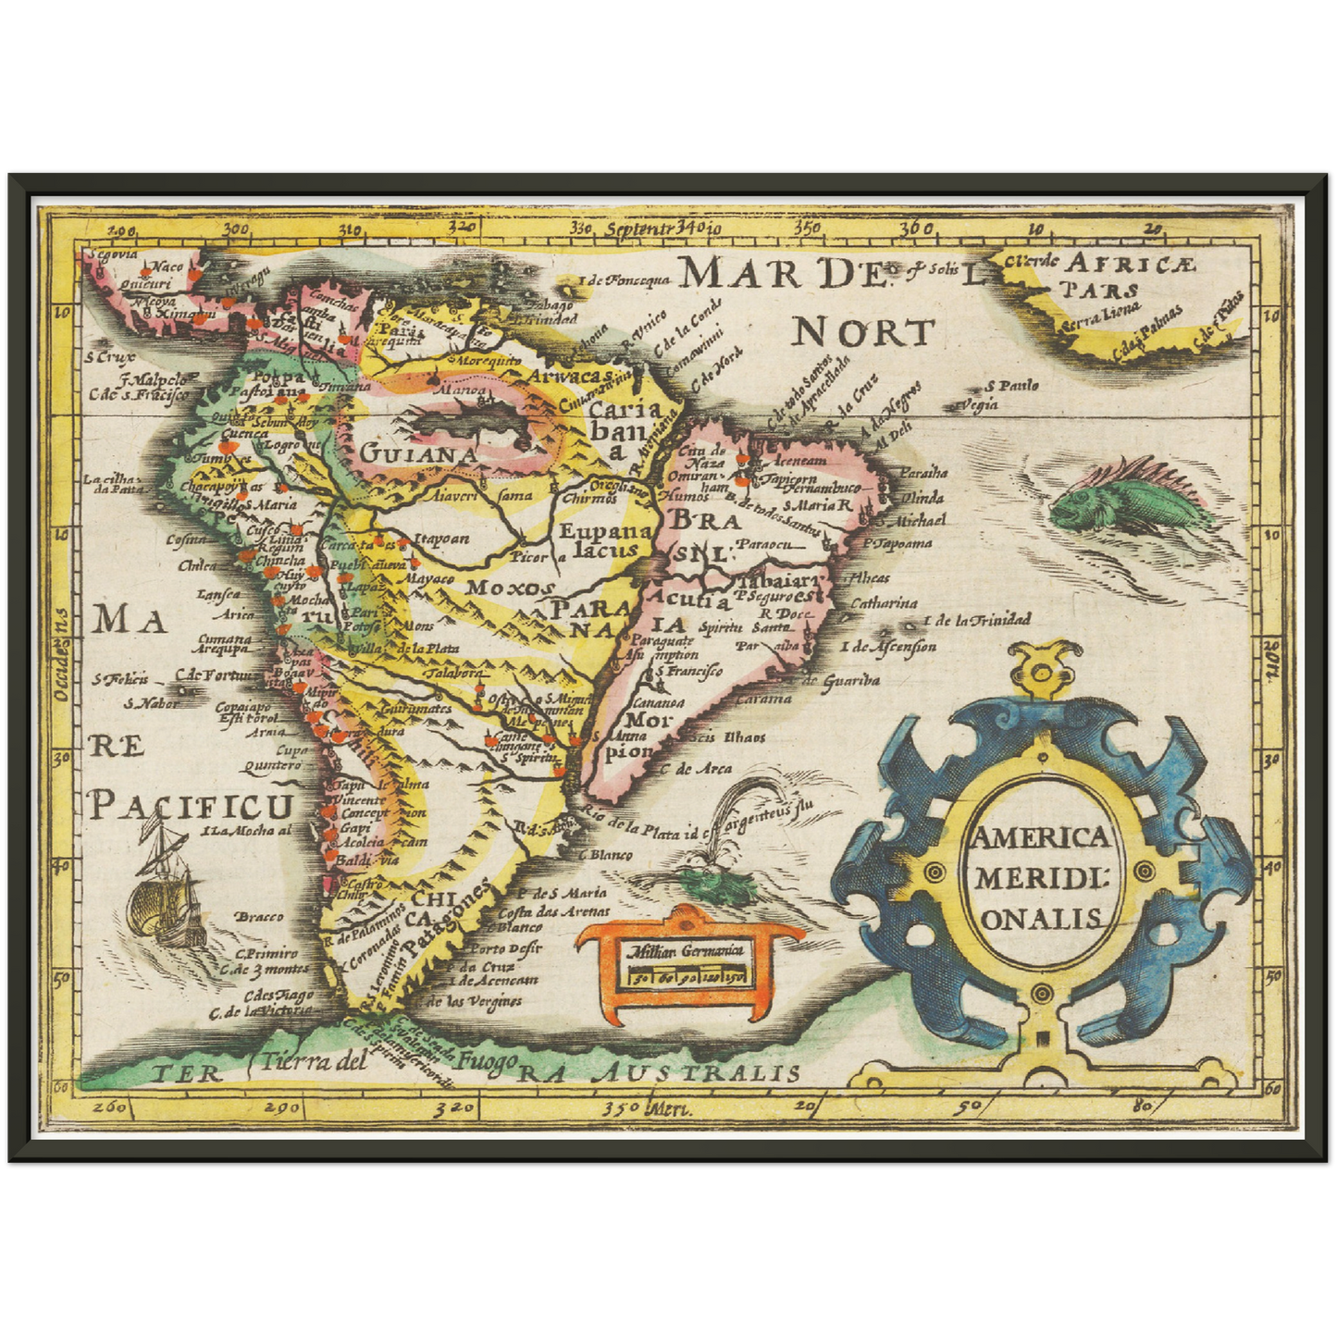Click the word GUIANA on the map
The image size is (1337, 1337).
coord(418,454)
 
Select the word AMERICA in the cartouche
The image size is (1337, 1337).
coord(1038,837)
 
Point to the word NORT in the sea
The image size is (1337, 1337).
coord(862,331)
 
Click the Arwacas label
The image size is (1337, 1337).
coord(570,375)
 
